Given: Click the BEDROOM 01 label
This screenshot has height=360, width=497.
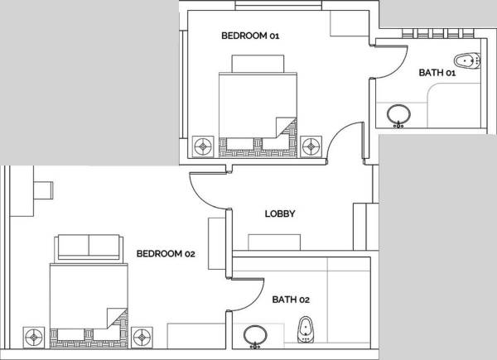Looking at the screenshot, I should coord(250,36).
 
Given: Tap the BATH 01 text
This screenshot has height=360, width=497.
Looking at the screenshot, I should coord(437,73).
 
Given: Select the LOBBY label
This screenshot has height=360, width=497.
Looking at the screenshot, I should coord(280,214).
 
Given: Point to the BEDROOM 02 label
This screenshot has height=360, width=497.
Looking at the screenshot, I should coord(166,253).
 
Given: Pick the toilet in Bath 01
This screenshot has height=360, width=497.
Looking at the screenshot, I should coord(466,60).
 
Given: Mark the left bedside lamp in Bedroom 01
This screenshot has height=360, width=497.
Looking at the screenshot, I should coord(202,146).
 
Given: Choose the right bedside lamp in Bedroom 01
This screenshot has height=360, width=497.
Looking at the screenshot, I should coord(311,146).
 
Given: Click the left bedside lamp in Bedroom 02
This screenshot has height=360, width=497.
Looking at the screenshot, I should coord(34,337).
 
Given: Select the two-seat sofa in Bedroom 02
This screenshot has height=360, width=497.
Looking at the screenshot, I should coord(87,247).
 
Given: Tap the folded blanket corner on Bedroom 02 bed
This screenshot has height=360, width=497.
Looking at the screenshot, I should coord(117,317).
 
